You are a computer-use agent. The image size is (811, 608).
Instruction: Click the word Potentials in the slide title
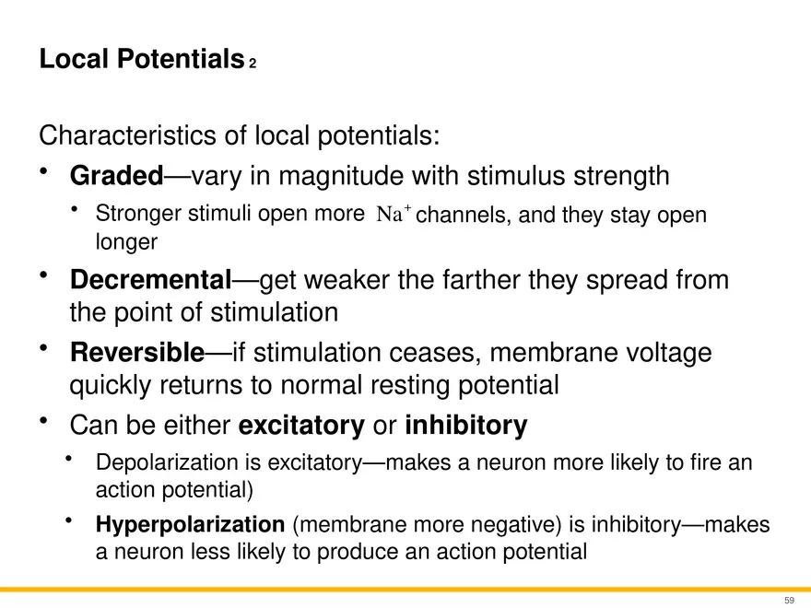pos(181,58)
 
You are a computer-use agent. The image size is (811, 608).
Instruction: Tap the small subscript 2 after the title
pos(253,63)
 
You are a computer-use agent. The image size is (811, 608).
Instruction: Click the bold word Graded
pos(117,175)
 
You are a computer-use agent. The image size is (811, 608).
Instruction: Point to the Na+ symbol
pos(394,213)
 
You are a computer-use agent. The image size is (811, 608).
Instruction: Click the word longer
pos(127,242)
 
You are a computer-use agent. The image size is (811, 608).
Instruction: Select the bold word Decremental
pos(151,280)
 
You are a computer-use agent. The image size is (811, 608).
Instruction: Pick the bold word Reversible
pos(137,353)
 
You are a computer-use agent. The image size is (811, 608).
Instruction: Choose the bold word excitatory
pos(301,426)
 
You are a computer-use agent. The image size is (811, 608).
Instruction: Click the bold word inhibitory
pos(466,425)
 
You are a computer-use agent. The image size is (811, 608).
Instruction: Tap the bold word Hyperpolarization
pos(191,525)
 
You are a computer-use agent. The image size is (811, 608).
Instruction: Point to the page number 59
pos(789,601)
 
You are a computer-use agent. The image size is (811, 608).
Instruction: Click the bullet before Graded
pos(44,170)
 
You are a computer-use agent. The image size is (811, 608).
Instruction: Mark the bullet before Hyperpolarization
pos(69,520)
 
